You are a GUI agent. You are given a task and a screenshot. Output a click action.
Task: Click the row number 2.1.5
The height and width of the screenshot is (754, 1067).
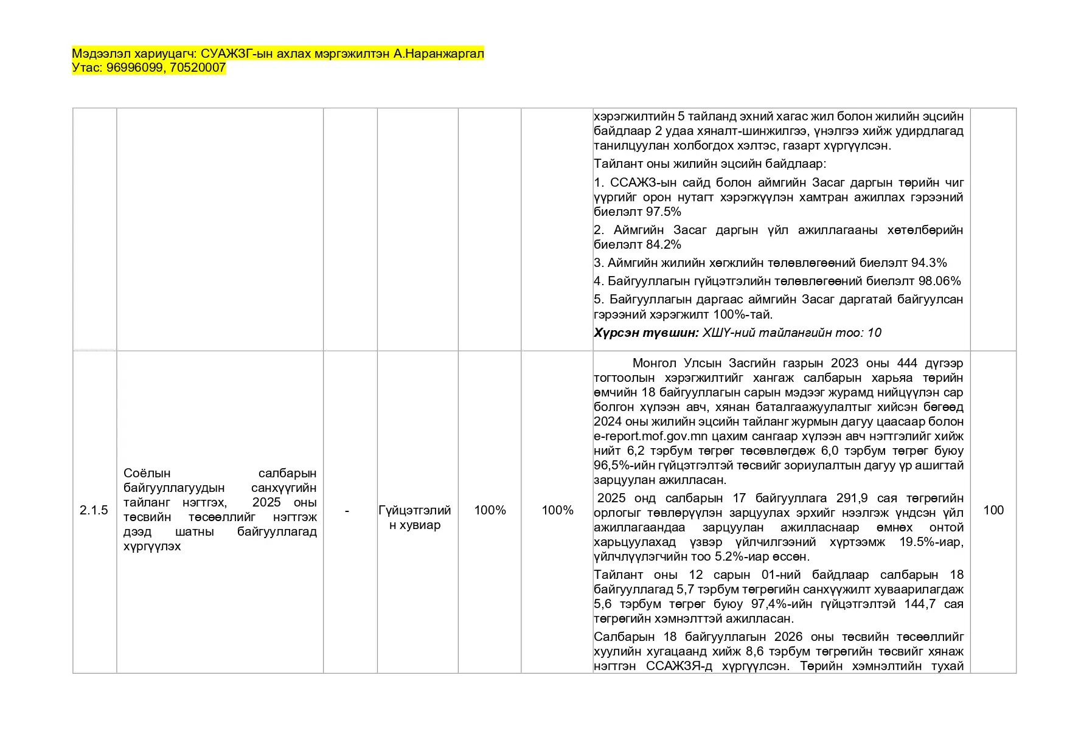click(x=94, y=510)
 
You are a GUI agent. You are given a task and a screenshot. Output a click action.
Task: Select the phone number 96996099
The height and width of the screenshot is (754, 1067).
click(x=134, y=67)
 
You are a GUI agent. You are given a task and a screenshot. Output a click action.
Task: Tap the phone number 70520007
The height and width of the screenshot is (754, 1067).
click(x=198, y=67)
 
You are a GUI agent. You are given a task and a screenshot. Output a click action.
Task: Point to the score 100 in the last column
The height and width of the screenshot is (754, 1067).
click(x=993, y=510)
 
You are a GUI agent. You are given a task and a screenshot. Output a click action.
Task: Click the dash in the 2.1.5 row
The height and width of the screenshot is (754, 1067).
click(x=347, y=511)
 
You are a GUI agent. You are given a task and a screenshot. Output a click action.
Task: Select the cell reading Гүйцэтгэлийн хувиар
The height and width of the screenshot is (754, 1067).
click(x=415, y=517)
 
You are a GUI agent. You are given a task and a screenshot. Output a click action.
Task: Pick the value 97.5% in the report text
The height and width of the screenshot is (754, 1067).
click(x=664, y=212)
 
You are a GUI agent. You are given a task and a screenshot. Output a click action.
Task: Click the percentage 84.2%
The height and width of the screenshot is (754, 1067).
click(x=664, y=244)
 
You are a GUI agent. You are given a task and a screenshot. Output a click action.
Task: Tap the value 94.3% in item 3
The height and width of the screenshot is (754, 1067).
click(x=929, y=263)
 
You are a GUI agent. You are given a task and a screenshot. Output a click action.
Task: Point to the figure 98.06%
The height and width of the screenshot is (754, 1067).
click(x=940, y=281)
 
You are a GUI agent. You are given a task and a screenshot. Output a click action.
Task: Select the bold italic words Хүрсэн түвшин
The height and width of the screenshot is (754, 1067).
click(x=646, y=333)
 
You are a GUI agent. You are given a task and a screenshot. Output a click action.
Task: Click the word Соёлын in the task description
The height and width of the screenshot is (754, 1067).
click(x=147, y=473)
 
